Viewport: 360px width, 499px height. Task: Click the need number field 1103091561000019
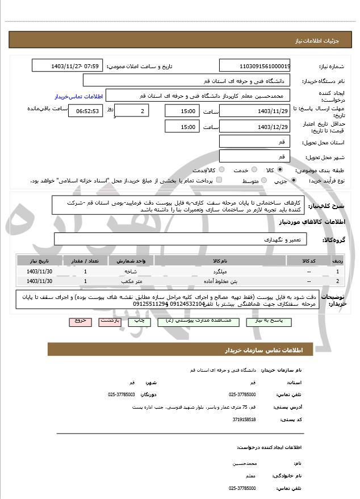[254, 66]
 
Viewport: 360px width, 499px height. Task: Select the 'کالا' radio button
[280, 170]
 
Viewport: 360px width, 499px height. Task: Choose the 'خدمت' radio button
[253, 170]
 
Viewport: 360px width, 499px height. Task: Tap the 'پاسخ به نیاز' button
[274, 321]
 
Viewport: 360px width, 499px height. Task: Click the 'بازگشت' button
[110, 321]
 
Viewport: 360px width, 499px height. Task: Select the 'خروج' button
[80, 321]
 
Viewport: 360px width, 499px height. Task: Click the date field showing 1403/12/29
[254, 127]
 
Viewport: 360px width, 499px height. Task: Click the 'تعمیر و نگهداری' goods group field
[179, 239]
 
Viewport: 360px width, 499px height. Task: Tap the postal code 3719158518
[244, 419]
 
